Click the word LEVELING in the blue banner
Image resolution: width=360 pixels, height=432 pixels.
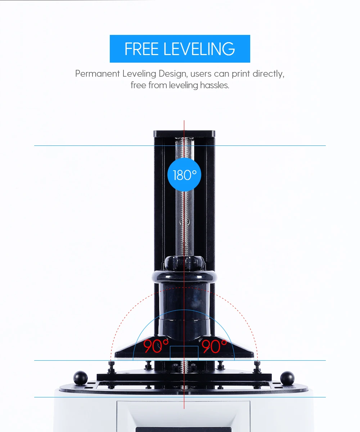[x=199, y=49]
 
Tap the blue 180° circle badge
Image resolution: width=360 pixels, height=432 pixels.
[x=184, y=175]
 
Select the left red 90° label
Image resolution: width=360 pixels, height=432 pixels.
[x=156, y=346]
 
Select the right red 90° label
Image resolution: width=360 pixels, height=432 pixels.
[x=214, y=346]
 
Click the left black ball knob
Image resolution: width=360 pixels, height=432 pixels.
[x=80, y=377]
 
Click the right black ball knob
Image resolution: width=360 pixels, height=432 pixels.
[x=287, y=377]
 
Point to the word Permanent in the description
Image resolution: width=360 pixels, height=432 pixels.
[x=97, y=74]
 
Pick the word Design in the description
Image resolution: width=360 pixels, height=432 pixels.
[x=173, y=74]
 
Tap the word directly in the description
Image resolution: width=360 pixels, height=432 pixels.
[x=268, y=74]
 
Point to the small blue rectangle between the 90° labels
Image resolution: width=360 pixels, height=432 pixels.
[x=184, y=353]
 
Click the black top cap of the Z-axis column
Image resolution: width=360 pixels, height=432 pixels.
[x=184, y=134]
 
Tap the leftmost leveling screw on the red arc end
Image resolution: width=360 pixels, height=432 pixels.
[x=111, y=366]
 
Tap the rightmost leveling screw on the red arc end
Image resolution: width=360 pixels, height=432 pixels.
[x=257, y=366]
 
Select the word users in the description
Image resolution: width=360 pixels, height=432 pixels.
[x=201, y=74]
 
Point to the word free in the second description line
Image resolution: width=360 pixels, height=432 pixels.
[x=138, y=85]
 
